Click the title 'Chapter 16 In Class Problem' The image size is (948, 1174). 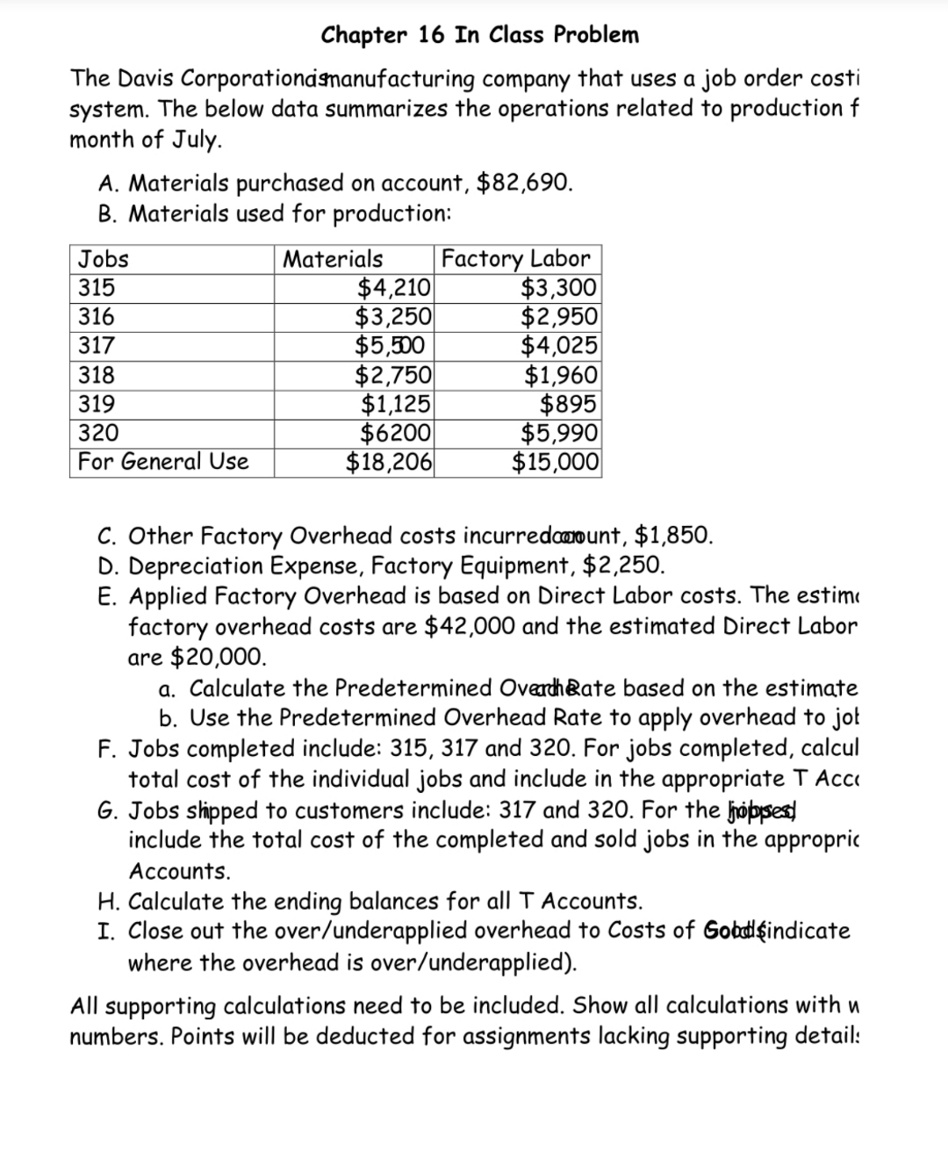tap(479, 35)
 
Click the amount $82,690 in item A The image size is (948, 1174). tap(524, 183)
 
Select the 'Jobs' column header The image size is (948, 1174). tap(104, 259)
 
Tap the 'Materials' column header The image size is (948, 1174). tap(333, 259)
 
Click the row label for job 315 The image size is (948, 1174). tap(97, 288)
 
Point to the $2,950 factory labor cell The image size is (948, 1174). tap(558, 317)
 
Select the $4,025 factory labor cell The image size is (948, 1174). tap(558, 346)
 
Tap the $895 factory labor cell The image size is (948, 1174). tap(567, 404)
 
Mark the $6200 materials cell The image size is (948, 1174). tap(396, 433)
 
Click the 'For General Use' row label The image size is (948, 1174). tap(163, 462)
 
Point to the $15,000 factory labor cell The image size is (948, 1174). tap(556, 462)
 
